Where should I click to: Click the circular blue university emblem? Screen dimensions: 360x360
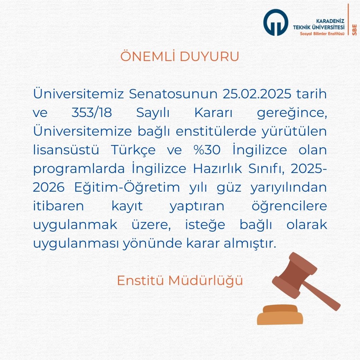276,22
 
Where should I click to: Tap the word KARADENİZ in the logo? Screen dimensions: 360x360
330,21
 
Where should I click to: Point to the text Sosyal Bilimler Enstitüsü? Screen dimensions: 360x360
322,34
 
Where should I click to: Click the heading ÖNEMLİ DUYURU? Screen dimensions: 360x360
180,56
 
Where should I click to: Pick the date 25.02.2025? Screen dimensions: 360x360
257,94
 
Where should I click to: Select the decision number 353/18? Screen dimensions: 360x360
92,113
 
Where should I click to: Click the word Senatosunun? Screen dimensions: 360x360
173,94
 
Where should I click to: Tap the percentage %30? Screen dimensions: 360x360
207,150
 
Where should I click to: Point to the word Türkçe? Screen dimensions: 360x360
133,150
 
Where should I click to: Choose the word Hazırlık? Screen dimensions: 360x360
217,169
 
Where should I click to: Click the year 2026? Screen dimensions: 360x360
49,187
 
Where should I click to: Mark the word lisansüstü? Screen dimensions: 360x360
66,150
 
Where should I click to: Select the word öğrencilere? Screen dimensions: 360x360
289,206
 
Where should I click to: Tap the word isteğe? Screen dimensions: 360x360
205,225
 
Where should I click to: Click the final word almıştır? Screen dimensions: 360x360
250,243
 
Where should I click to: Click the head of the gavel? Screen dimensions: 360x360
295,275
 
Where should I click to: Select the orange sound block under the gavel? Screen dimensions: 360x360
280,315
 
